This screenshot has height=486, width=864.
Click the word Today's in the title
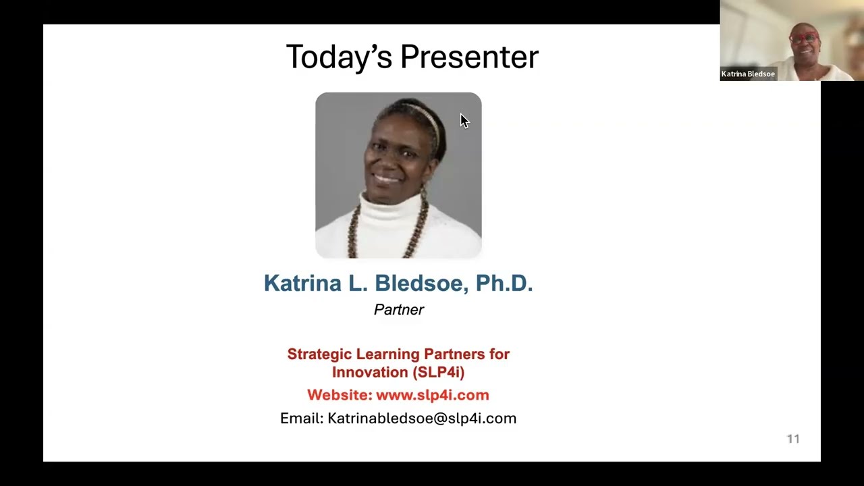pyautogui.click(x=338, y=57)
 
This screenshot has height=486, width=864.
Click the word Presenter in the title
pyautogui.click(x=469, y=57)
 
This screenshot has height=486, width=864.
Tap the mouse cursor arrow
pyautogui.click(x=464, y=121)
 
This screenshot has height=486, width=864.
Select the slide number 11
pyautogui.click(x=793, y=439)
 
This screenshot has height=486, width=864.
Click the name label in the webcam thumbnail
pyautogui.click(x=748, y=74)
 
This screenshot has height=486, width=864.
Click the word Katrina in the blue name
pyautogui.click(x=302, y=283)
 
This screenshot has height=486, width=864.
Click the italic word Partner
pyautogui.click(x=399, y=310)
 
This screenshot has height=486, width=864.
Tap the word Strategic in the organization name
pyautogui.click(x=319, y=354)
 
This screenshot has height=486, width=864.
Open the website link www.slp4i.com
pyautogui.click(x=432, y=396)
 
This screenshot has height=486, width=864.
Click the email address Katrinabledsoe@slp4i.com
pyautogui.click(x=422, y=418)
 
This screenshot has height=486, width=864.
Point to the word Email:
pyautogui.click(x=301, y=418)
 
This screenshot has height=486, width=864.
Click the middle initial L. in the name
pyautogui.click(x=357, y=283)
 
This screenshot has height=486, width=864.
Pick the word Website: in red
pyautogui.click(x=340, y=396)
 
